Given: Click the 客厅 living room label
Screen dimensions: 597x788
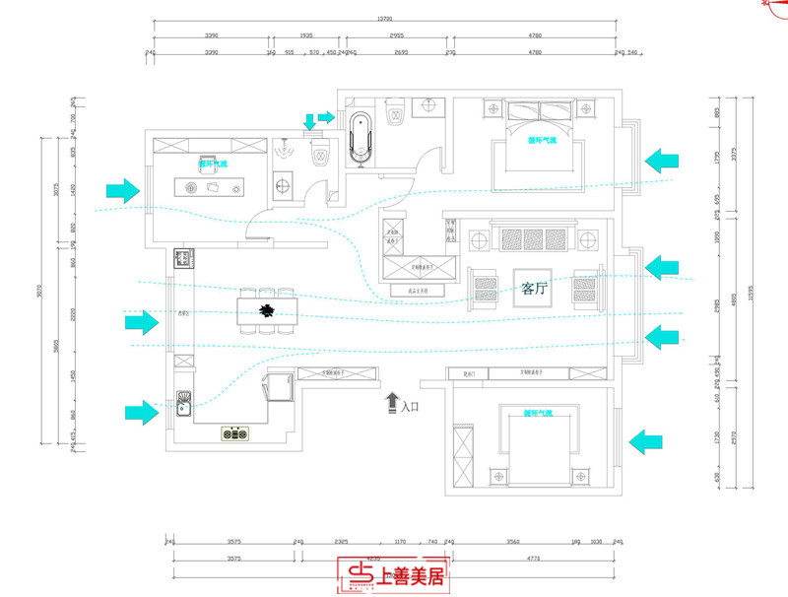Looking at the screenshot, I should coord(534,289).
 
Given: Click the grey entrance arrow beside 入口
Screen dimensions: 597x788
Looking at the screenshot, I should coord(391,402).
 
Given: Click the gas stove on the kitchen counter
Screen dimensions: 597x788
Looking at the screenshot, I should coord(235,431).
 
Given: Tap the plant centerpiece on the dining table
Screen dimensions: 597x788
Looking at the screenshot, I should coord(266,310).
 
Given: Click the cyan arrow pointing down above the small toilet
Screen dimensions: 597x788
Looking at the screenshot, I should coord(310,121).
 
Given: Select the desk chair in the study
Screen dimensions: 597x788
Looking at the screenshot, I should coord(210,165).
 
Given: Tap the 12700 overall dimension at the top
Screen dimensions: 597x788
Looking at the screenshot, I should coord(385,18).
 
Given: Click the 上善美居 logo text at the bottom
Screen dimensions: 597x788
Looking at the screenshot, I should coord(408,575).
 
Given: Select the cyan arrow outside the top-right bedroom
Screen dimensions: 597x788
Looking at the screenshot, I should coord(663,161).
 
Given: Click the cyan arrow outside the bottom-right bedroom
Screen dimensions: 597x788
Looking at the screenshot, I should coord(651,440).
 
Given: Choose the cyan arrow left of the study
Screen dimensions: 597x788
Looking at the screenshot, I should coord(123,189).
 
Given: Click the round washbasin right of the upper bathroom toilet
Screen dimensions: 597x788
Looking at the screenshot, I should coord(430,104).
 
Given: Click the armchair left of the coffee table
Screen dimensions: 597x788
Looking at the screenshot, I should coord(487,288).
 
